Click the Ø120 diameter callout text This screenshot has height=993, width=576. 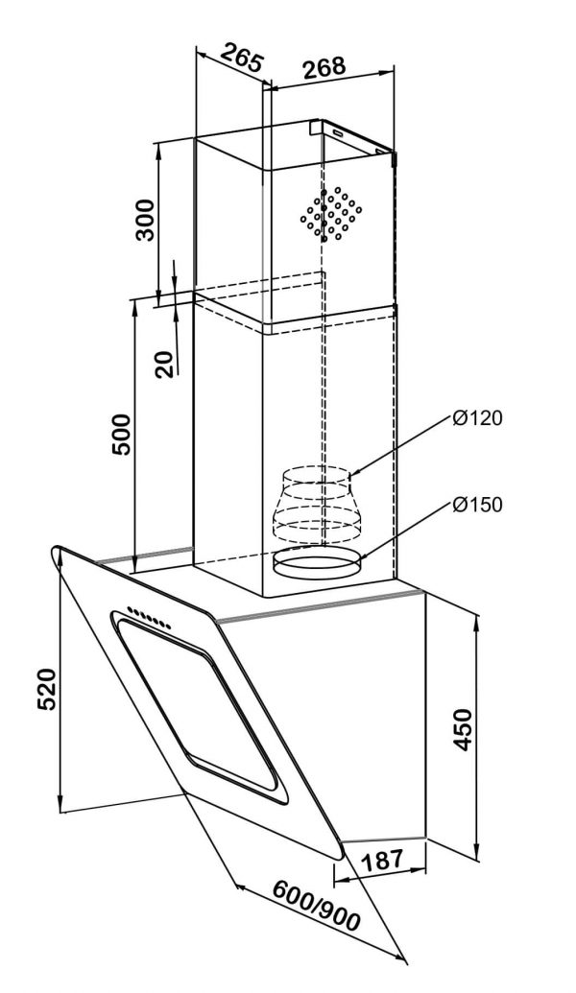(478, 418)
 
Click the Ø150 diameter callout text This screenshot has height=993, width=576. (478, 505)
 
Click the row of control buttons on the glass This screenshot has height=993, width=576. (150, 619)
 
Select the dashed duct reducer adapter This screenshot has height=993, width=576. (318, 504)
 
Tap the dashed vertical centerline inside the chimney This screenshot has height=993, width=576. (323, 384)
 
